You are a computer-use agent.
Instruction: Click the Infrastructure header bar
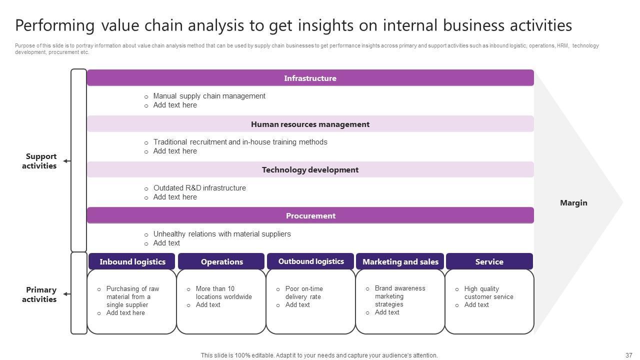[x=310, y=78]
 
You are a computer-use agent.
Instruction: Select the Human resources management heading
[x=310, y=124]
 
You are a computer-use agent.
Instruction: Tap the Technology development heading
[x=310, y=170]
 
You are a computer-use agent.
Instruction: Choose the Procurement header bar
[x=310, y=216]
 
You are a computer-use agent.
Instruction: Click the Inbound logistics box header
[x=132, y=261]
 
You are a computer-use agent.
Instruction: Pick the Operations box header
[x=221, y=261]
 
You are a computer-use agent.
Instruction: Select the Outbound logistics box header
[x=311, y=261]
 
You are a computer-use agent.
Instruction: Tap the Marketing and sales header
[x=400, y=261]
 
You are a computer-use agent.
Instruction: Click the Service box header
[x=489, y=261]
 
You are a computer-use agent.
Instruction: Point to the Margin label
[x=573, y=203]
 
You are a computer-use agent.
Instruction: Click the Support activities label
[x=39, y=161]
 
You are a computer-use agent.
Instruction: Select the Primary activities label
[x=39, y=294]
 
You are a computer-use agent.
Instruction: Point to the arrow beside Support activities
[x=66, y=161]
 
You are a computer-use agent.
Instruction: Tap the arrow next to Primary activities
[x=66, y=294]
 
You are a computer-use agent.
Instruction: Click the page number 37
[x=628, y=355]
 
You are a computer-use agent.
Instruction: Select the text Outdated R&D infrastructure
[x=199, y=188]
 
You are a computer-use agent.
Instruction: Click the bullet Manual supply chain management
[x=209, y=96]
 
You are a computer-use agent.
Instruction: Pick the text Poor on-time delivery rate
[x=304, y=292]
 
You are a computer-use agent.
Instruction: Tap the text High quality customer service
[x=488, y=292]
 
